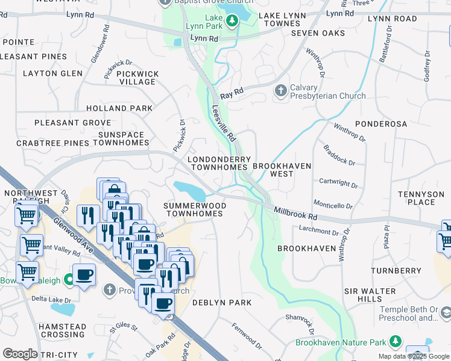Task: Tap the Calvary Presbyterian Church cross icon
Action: click(280, 91)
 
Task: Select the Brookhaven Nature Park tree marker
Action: click(396, 342)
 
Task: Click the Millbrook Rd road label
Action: click(295, 212)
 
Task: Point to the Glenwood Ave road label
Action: click(71, 231)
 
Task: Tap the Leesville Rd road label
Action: click(222, 123)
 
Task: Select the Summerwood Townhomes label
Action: click(195, 209)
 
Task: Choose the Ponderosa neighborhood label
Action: click(381, 123)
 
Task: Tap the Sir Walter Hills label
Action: click(371, 295)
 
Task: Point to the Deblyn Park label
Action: click(221, 303)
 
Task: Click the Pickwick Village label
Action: click(137, 78)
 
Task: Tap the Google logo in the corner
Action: click(20, 354)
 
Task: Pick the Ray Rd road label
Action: click(232, 93)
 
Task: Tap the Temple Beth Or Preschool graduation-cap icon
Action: click(445, 313)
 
